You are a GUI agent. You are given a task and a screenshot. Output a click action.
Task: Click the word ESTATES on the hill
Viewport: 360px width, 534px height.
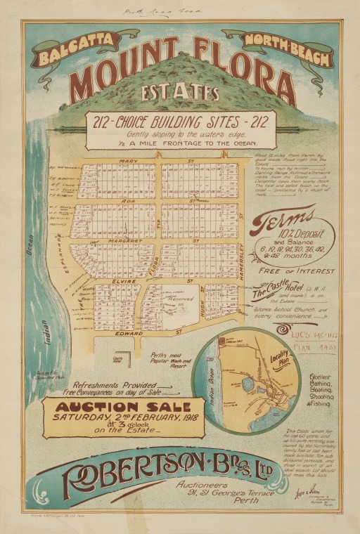click(179, 92)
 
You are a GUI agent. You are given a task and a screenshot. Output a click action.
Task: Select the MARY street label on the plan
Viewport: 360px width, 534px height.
click(129, 161)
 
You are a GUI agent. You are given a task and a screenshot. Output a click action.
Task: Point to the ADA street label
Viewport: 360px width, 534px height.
click(129, 200)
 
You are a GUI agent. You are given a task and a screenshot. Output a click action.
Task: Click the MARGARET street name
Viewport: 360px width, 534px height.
click(124, 240)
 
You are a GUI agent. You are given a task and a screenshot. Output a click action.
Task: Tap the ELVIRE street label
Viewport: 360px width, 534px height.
click(123, 280)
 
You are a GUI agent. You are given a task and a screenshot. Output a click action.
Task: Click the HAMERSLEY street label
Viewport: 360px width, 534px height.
click(241, 260)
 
